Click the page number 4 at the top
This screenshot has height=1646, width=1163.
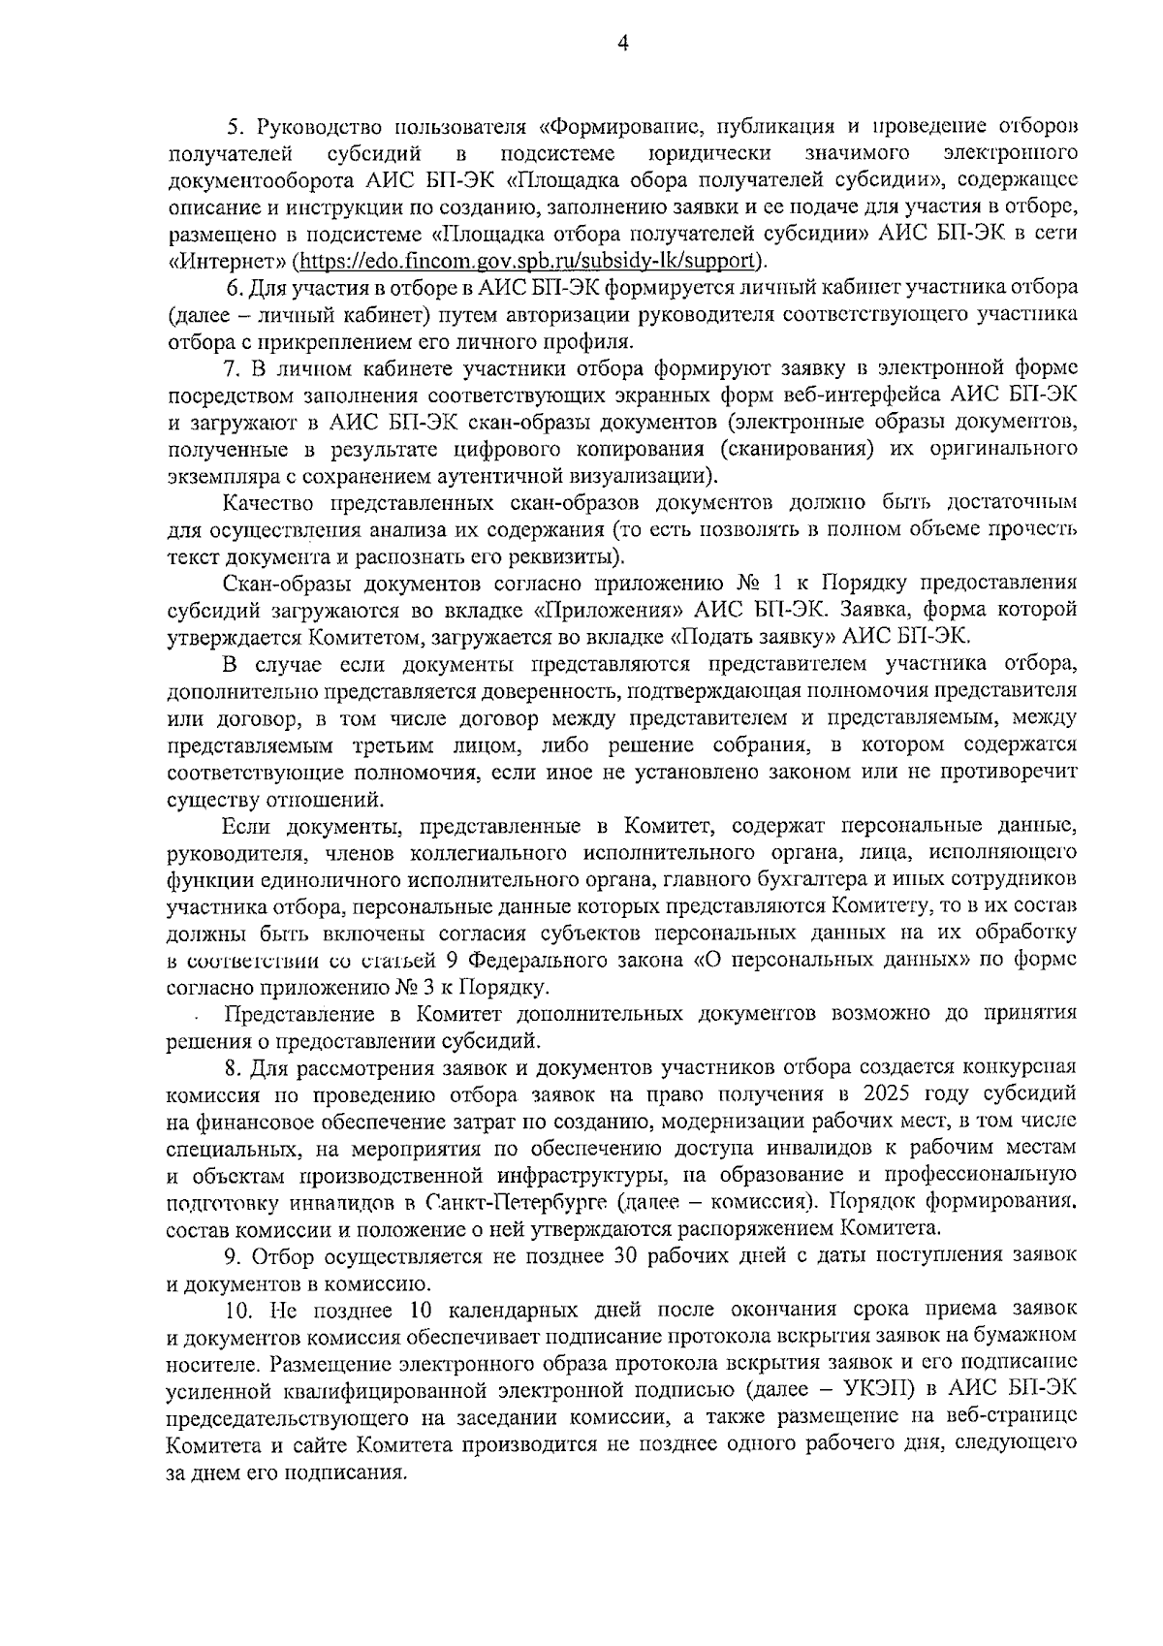point(622,45)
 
